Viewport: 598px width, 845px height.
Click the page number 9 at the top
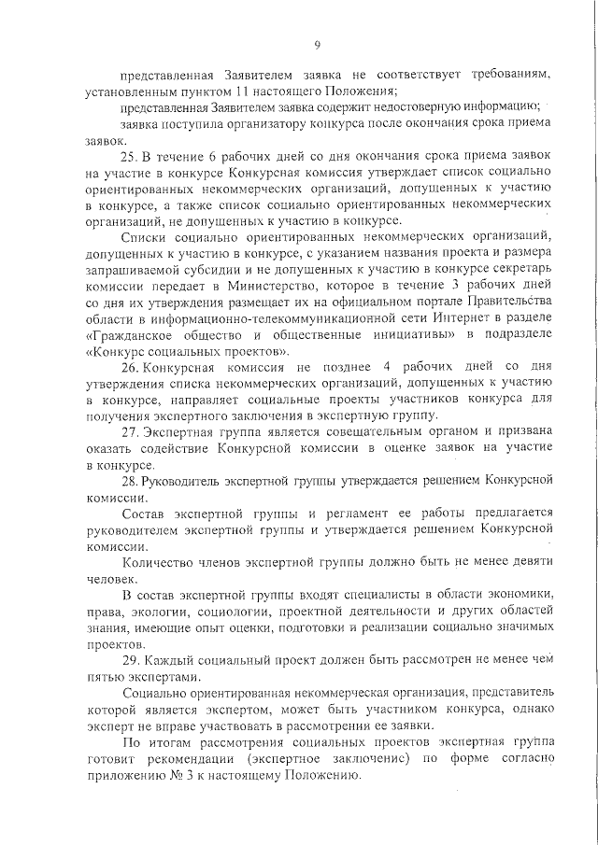click(x=318, y=44)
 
